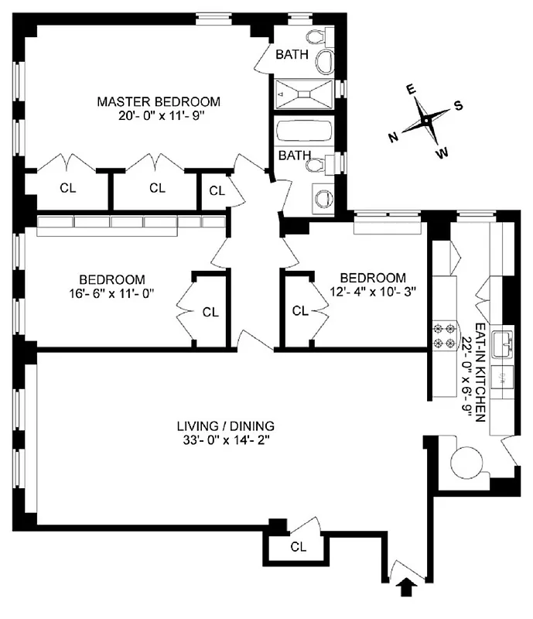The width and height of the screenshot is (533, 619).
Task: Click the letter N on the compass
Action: pyautogui.click(x=393, y=137)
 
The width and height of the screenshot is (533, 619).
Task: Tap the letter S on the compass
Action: pyautogui.click(x=458, y=106)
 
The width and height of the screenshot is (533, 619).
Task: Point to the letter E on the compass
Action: pyautogui.click(x=412, y=90)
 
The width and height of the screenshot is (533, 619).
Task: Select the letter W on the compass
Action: pyautogui.click(x=442, y=153)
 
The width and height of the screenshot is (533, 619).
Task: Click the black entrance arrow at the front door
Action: pyautogui.click(x=403, y=590)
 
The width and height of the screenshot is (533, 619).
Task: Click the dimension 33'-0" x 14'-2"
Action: pyautogui.click(x=226, y=441)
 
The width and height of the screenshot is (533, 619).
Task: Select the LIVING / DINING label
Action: pyautogui.click(x=226, y=426)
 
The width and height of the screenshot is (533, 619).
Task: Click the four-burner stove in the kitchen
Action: pyautogui.click(x=445, y=337)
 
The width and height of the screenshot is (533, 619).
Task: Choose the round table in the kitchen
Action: pyautogui.click(x=468, y=463)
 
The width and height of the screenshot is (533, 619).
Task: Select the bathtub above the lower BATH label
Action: pyautogui.click(x=304, y=132)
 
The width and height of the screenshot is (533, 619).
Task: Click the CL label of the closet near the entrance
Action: pyautogui.click(x=299, y=546)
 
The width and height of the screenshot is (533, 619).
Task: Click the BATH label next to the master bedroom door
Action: pyautogui.click(x=292, y=54)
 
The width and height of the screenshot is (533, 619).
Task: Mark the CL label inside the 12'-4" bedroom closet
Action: pyautogui.click(x=300, y=311)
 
